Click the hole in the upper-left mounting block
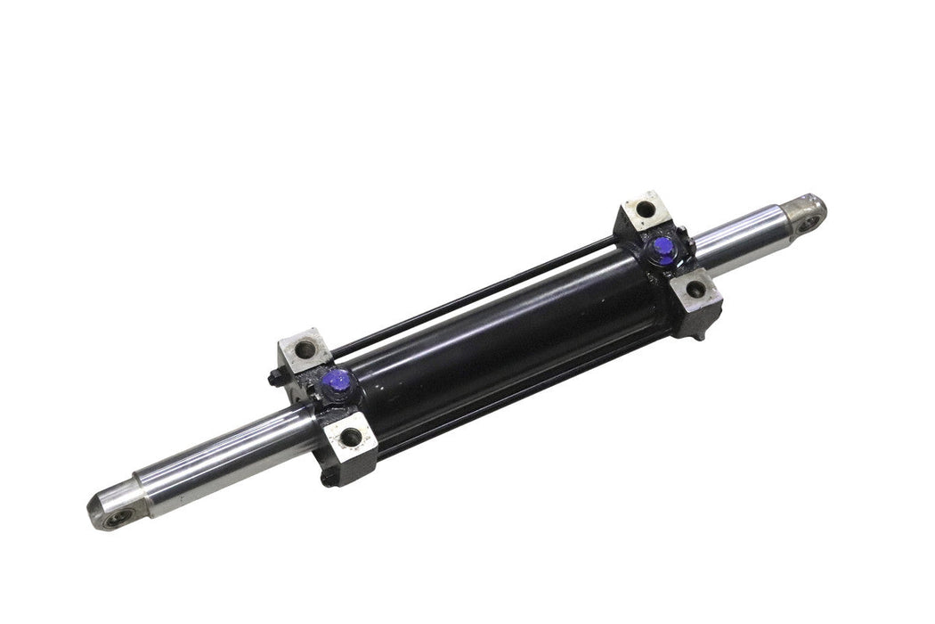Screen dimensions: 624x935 [306, 349]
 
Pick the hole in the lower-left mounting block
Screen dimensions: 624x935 [352, 437]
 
